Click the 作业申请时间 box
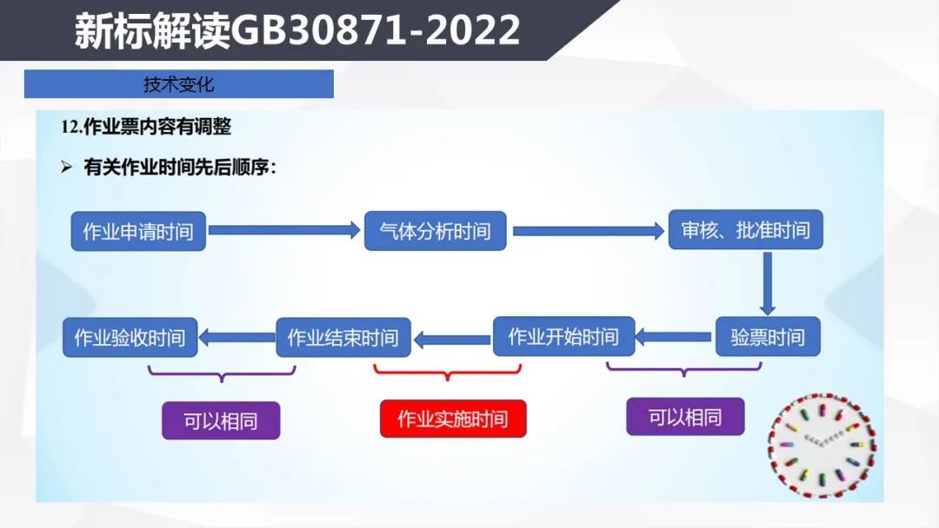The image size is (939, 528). pyautogui.click(x=138, y=231)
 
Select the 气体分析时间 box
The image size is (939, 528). pyautogui.click(x=436, y=231)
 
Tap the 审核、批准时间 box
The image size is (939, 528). pyautogui.click(x=746, y=229)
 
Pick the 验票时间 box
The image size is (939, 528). pyautogui.click(x=768, y=337)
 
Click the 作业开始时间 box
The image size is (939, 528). pyautogui.click(x=563, y=337)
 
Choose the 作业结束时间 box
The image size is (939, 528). pyautogui.click(x=343, y=338)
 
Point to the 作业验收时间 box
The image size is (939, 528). pyautogui.click(x=130, y=338)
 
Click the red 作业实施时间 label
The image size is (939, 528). pyautogui.click(x=453, y=419)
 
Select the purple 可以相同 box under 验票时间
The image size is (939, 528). pyautogui.click(x=685, y=417)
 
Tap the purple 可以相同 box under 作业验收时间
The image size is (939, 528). pyautogui.click(x=221, y=421)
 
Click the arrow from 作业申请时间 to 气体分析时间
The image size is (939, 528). pyautogui.click(x=284, y=230)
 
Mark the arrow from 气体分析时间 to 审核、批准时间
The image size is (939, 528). pyautogui.click(x=589, y=231)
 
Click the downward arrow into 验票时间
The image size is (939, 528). pyautogui.click(x=767, y=283)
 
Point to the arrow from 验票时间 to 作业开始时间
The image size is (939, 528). pyautogui.click(x=673, y=337)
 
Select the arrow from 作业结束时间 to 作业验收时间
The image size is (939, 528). pyautogui.click(x=236, y=338)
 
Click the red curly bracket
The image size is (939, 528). pyautogui.click(x=448, y=372)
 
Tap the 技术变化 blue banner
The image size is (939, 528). pyautogui.click(x=178, y=83)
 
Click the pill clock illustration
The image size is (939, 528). pyautogui.click(x=822, y=445)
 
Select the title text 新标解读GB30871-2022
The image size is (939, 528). pyautogui.click(x=297, y=30)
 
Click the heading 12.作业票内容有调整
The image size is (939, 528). pyautogui.click(x=145, y=127)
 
